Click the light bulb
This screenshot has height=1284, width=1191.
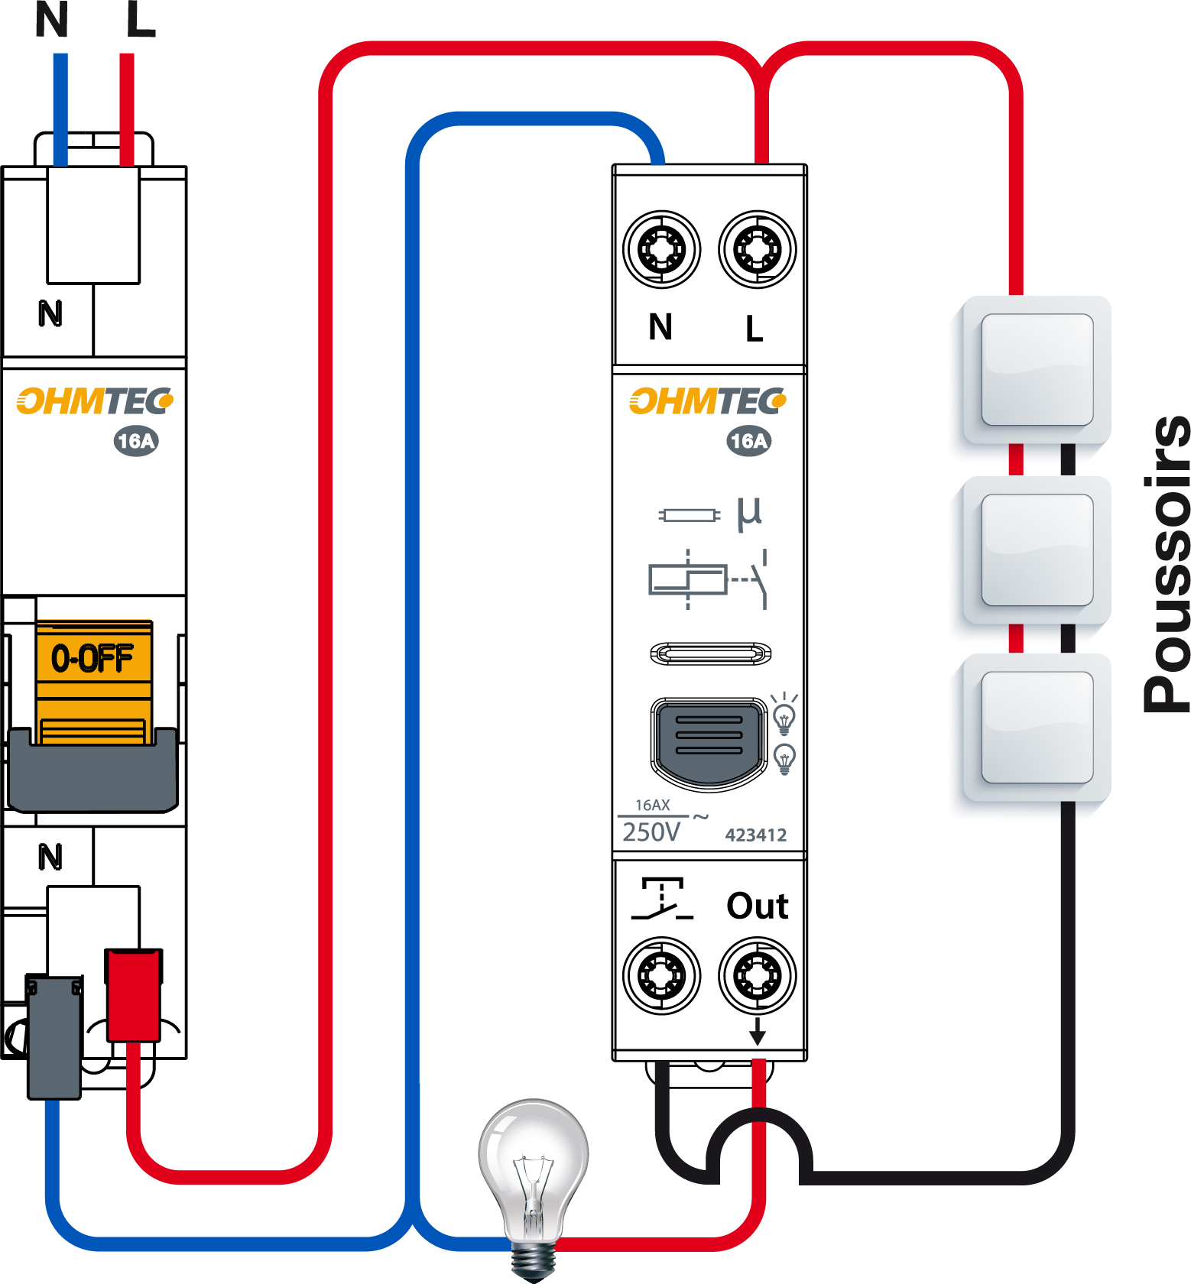pyautogui.click(x=534, y=1169)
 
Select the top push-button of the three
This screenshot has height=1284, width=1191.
pyautogui.click(x=1037, y=369)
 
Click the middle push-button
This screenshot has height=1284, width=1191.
pyautogui.click(x=1037, y=550)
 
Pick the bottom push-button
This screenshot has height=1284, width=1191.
pyautogui.click(x=1037, y=727)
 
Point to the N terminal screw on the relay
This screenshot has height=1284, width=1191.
pyautogui.click(x=661, y=249)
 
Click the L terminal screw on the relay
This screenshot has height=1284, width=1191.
pyautogui.click(x=757, y=249)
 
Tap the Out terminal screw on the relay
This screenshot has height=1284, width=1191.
pyautogui.click(x=757, y=975)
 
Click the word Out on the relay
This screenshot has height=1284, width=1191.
pyautogui.click(x=757, y=906)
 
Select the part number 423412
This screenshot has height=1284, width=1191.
pyautogui.click(x=755, y=835)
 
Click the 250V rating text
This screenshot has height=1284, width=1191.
pyautogui.click(x=651, y=832)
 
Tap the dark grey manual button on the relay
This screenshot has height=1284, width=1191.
pyautogui.click(x=709, y=740)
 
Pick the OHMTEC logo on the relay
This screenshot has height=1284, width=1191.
pyautogui.click(x=707, y=401)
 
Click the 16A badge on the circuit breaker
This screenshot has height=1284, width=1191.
pyautogui.click(x=136, y=441)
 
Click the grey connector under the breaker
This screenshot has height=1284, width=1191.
pyautogui.click(x=54, y=1036)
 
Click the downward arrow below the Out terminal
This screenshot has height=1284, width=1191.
pyautogui.click(x=757, y=1032)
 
